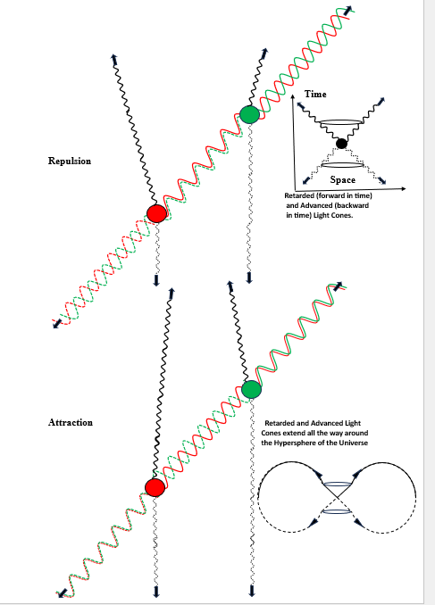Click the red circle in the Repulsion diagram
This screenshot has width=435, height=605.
coord(157,213)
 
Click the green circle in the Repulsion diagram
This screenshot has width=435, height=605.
coord(249,114)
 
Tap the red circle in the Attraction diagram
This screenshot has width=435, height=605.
coord(155,487)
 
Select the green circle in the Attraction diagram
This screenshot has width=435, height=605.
coord(252,389)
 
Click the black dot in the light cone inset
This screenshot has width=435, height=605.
coord(341,144)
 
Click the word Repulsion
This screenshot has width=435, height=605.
coord(70,161)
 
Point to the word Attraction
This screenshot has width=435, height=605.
coord(71,422)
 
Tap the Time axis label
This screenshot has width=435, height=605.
coord(315,95)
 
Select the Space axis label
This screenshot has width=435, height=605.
coord(343,179)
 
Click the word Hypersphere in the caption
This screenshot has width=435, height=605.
coord(295,443)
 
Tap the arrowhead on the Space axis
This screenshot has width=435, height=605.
coord(404,188)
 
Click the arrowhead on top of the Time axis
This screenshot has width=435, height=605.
coord(293,96)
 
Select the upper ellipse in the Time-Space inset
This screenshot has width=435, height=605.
coord(341,123)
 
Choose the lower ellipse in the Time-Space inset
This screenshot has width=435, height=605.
coord(342,165)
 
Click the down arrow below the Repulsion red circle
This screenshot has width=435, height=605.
coord(156,280)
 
